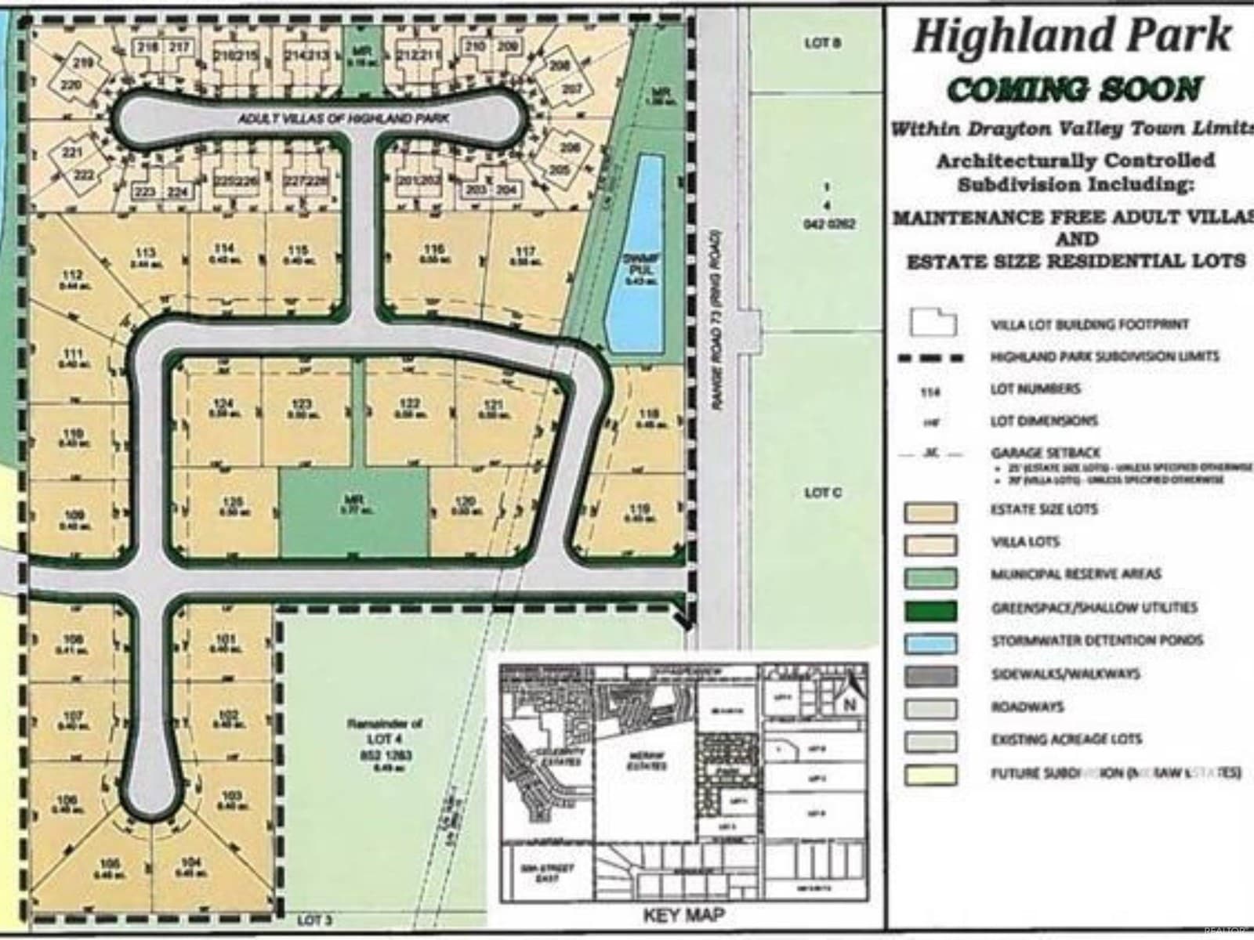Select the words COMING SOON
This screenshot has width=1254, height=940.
1074,90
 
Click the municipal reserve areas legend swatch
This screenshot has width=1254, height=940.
930,577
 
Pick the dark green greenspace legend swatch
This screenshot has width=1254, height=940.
930,609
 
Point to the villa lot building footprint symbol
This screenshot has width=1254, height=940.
933,322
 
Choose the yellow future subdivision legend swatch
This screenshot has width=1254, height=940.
930,774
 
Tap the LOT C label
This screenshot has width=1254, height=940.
822,493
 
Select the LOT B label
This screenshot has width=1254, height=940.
822,44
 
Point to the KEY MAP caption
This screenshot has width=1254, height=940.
684,914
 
